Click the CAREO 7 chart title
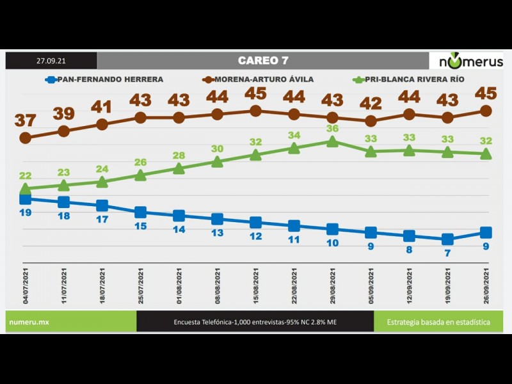click(x=263, y=61)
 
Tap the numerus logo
click(x=470, y=61)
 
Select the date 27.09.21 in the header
click(x=51, y=61)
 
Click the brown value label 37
click(x=26, y=120)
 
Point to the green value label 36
click(x=332, y=129)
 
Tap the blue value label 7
click(x=447, y=253)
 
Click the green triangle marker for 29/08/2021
click(x=332, y=141)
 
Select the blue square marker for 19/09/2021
click(x=447, y=239)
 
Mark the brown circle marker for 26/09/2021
click(x=486, y=111)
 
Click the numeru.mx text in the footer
click(x=28, y=322)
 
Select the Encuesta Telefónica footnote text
click(x=255, y=322)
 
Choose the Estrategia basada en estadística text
click(x=438, y=322)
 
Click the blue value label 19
click(x=26, y=212)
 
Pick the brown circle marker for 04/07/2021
click(x=26, y=138)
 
